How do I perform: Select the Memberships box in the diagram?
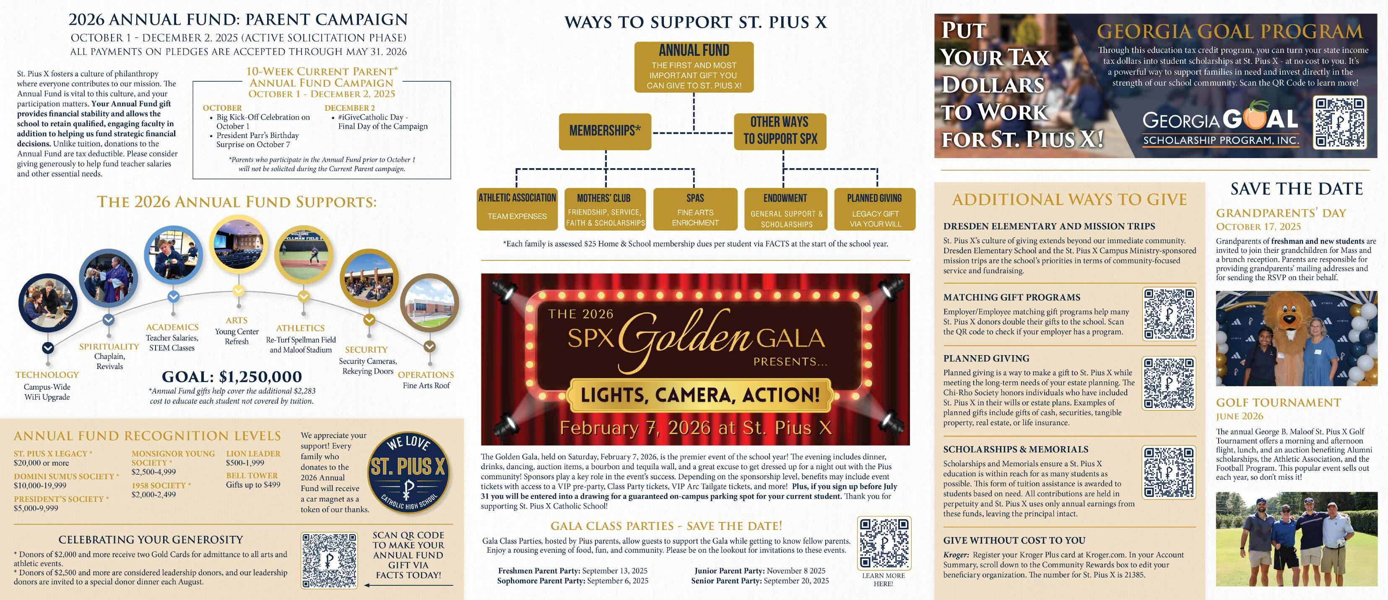point(605,131)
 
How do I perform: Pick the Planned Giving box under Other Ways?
point(874,209)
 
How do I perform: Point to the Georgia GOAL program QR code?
point(1339,122)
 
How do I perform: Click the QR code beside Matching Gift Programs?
point(1169,314)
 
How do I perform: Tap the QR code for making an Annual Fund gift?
point(329,560)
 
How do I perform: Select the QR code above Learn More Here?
point(884,543)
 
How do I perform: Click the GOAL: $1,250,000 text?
point(232,377)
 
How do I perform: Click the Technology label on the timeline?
point(47,375)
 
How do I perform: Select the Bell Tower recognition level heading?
point(252,475)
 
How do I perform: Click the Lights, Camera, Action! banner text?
point(699,395)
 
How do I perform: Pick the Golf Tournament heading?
point(1278,403)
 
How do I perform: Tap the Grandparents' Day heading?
point(1281,213)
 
